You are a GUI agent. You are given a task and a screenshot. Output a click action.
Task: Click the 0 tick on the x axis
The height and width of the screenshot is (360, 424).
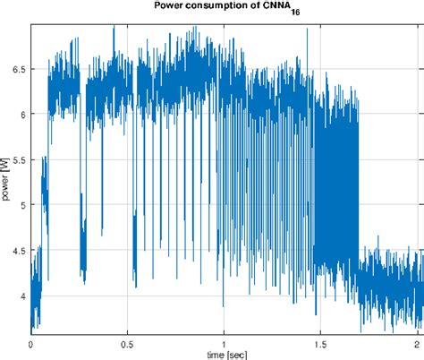[x=30, y=342]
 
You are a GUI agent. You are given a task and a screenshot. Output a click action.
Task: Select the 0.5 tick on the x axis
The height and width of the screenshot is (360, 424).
[x=127, y=342]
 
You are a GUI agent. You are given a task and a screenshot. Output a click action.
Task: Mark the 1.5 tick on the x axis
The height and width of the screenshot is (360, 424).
[x=320, y=342]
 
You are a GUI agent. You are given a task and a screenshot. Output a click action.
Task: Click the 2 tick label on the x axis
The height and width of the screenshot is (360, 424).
[x=417, y=342]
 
